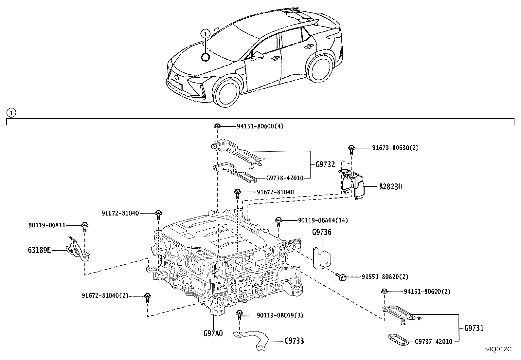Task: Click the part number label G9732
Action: coord(325,164)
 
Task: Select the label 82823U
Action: coord(390,187)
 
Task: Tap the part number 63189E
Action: coord(39,250)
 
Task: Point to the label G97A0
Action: coord(213,333)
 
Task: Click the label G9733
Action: coord(294,341)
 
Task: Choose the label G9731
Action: coord(474,328)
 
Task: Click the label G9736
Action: coord(321,232)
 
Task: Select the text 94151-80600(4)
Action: coord(260,126)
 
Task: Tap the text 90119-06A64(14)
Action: coord(323,220)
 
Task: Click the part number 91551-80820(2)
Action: coord(385,277)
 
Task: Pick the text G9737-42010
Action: coord(433,342)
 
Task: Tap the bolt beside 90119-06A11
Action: coord(85,225)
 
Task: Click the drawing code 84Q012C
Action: coord(498,349)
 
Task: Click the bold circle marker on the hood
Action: coord(205,57)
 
